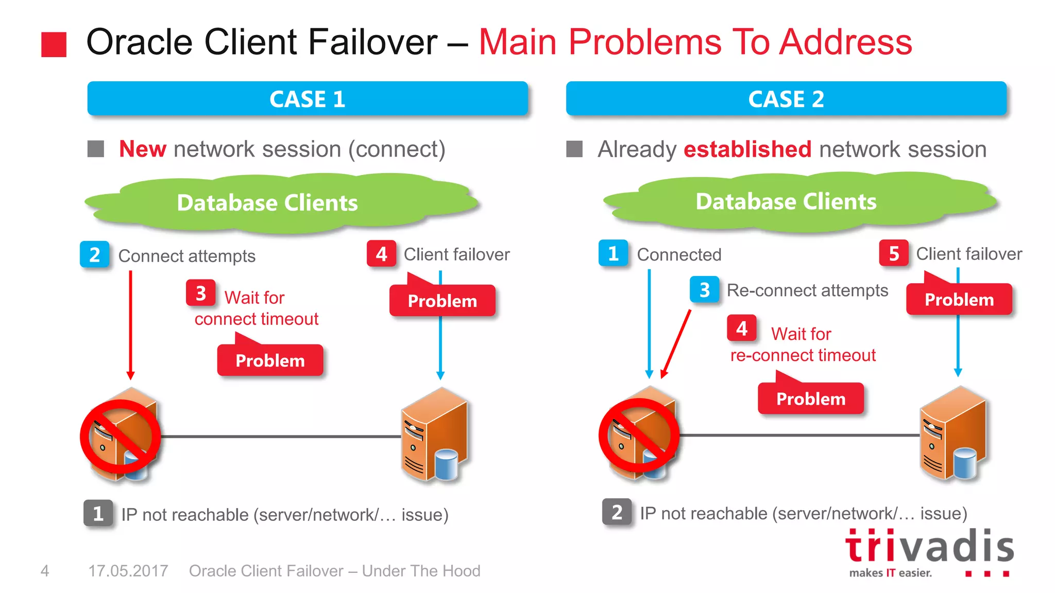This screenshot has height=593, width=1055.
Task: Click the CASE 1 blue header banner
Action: pos(308,99)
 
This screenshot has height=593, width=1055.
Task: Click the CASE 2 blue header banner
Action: pos(786,99)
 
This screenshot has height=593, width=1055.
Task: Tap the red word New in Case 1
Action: pos(143,149)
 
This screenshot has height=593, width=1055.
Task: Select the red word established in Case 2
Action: pos(747,149)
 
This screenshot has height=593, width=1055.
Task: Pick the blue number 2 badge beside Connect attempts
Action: pos(95,255)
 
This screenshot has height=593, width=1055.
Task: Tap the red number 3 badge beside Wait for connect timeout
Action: pos(201,293)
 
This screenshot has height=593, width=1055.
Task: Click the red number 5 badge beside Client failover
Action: pos(894,253)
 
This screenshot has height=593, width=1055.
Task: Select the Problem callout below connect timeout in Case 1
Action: pos(270,360)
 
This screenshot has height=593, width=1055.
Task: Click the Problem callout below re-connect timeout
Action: pos(811,398)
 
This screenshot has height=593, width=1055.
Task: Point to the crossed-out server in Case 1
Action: pos(122,435)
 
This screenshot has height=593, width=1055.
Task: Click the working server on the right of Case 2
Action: pos(953,435)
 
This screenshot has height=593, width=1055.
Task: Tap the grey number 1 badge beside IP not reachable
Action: pos(98,513)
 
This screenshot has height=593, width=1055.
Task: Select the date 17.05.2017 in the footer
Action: pos(128,571)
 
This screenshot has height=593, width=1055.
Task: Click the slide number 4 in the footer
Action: pos(45,571)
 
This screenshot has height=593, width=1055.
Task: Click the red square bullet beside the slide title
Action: pos(54,44)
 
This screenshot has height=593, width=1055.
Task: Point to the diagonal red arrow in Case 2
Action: pos(676,344)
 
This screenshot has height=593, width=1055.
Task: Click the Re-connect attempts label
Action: pos(807,290)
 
